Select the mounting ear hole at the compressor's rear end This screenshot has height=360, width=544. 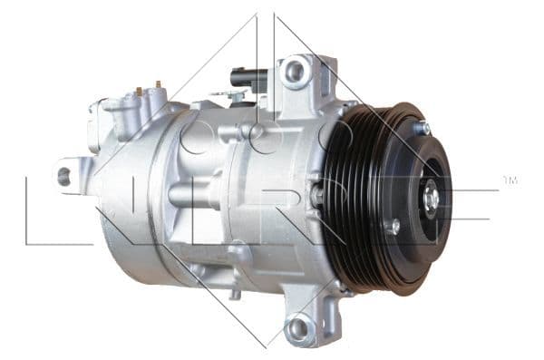click(x=64, y=176)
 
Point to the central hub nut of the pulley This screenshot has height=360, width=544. click(x=432, y=195)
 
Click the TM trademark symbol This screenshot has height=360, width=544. click(x=510, y=180)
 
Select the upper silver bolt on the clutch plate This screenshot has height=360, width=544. click(x=422, y=129)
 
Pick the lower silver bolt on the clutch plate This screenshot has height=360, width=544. click(x=393, y=226)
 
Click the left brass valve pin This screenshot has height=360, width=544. click(x=138, y=91)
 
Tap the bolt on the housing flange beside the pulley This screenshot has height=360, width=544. click(x=316, y=194)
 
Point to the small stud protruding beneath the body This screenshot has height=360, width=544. click(x=235, y=292)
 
